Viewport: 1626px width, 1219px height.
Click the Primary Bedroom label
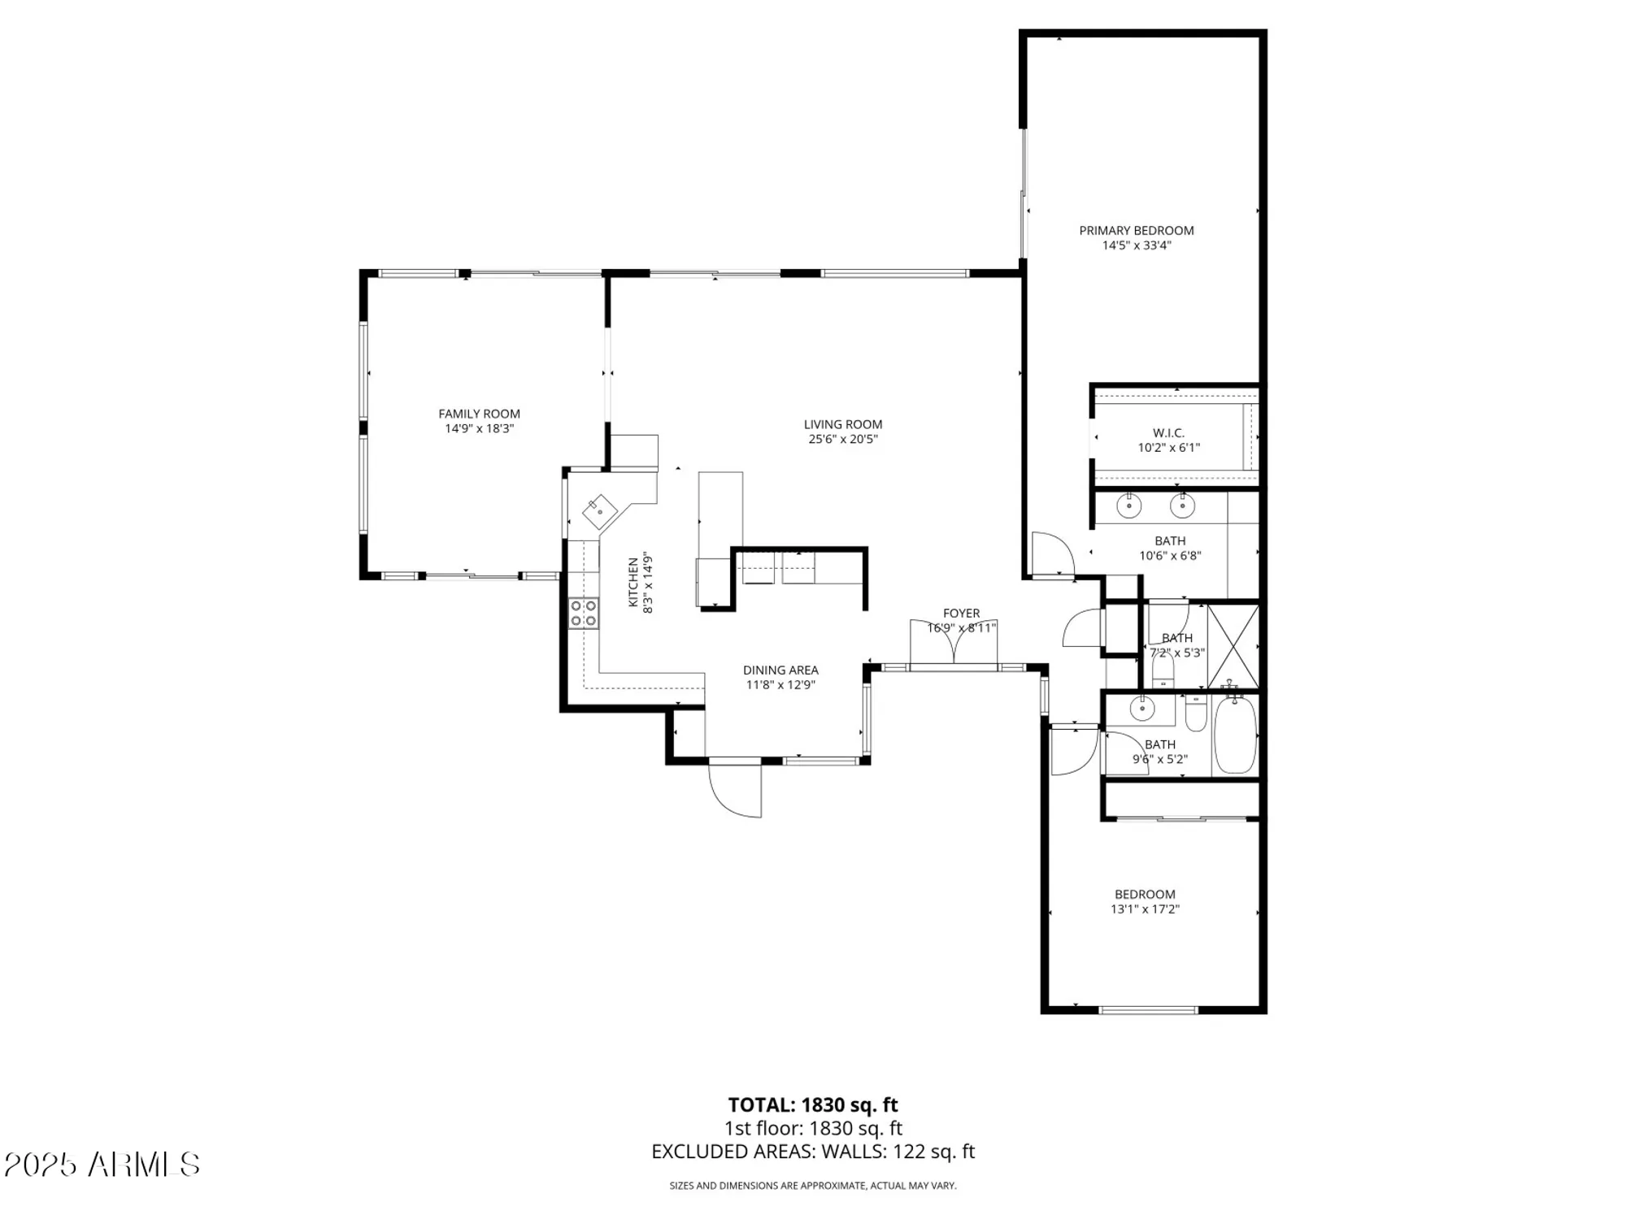click(1136, 231)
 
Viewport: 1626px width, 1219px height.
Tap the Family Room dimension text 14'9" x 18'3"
click(479, 428)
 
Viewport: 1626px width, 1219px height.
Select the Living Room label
click(842, 424)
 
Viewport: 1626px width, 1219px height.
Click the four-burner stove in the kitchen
click(583, 614)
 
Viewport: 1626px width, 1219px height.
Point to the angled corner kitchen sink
click(600, 511)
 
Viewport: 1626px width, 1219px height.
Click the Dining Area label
click(780, 670)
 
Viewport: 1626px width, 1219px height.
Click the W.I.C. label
click(1168, 433)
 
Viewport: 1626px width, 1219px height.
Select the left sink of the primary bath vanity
click(1128, 506)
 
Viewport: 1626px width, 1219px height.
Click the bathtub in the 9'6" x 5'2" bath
click(1235, 735)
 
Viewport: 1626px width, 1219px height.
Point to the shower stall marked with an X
click(1233, 645)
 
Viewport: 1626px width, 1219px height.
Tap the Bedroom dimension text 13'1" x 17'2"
click(1145, 909)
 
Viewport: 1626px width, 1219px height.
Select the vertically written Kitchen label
click(633, 583)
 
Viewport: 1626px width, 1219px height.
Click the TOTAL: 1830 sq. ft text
click(812, 1105)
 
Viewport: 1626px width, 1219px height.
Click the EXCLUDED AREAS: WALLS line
click(812, 1152)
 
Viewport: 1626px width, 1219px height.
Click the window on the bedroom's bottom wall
click(1148, 1010)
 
